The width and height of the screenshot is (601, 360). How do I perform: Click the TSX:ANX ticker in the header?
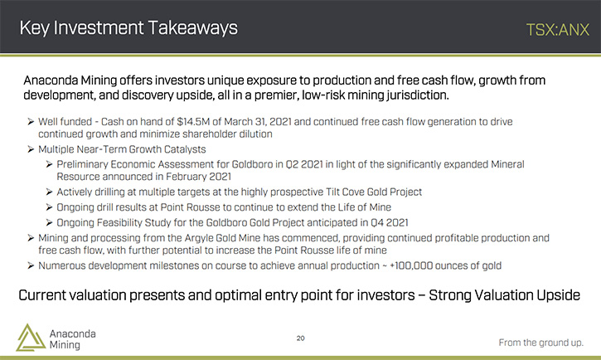point(558,30)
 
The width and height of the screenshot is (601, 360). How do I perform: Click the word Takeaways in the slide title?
point(193,28)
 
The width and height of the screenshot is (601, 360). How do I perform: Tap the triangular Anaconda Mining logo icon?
point(31,338)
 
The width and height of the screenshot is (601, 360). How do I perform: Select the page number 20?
point(300,338)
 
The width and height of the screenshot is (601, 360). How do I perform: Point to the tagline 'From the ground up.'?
point(540,343)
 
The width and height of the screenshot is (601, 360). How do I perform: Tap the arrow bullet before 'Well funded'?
point(31,122)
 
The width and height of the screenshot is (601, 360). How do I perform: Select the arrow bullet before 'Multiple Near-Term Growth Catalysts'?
point(31,149)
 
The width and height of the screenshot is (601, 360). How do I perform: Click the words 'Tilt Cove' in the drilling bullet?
point(345,192)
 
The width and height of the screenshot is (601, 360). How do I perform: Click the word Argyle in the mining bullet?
point(199,238)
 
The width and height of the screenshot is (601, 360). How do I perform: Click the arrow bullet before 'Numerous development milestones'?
point(31,265)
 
